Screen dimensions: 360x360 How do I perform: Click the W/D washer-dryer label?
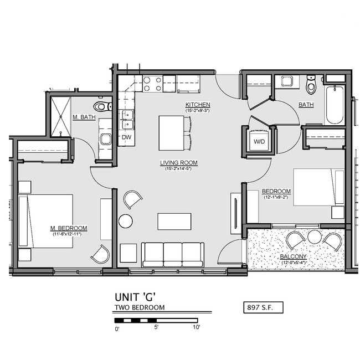259,141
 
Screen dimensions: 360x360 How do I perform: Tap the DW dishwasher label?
126,137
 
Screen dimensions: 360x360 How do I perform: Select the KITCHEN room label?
198,105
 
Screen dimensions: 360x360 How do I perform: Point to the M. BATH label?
84,117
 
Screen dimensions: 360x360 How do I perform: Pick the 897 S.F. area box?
263,306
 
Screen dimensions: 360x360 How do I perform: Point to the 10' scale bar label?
197,328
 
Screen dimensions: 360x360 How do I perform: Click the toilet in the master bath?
102,106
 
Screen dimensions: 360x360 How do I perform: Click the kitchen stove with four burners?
152,84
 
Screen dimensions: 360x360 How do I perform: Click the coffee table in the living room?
174,221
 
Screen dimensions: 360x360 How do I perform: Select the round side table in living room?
126,221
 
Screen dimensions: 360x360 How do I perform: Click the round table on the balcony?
315,236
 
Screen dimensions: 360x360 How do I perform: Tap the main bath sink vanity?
287,81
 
